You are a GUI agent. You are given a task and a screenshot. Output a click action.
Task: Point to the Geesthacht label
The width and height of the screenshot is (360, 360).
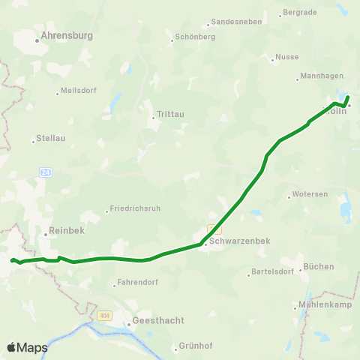click(x=157, y=320)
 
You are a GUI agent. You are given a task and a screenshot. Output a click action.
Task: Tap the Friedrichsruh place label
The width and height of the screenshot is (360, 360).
click(x=133, y=208)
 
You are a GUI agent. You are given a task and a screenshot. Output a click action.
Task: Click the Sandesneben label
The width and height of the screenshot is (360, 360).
click(x=236, y=22)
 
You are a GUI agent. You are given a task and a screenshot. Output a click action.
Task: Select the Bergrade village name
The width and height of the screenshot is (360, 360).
click(x=299, y=13)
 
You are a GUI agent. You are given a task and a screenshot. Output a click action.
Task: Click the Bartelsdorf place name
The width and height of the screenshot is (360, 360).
click(x=272, y=273)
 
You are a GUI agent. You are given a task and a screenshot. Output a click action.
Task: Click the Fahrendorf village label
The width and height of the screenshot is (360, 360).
click(x=136, y=284)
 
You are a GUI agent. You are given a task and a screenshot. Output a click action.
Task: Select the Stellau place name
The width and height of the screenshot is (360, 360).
click(x=52, y=139)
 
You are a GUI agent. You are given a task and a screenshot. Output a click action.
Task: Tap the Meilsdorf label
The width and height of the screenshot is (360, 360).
click(x=77, y=93)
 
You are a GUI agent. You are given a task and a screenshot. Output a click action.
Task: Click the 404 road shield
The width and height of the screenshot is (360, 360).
click(x=103, y=316)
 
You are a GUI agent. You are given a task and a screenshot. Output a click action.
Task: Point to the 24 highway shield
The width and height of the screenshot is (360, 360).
click(x=46, y=172)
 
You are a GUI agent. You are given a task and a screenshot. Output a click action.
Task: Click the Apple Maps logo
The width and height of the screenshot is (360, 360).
click(x=27, y=347)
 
